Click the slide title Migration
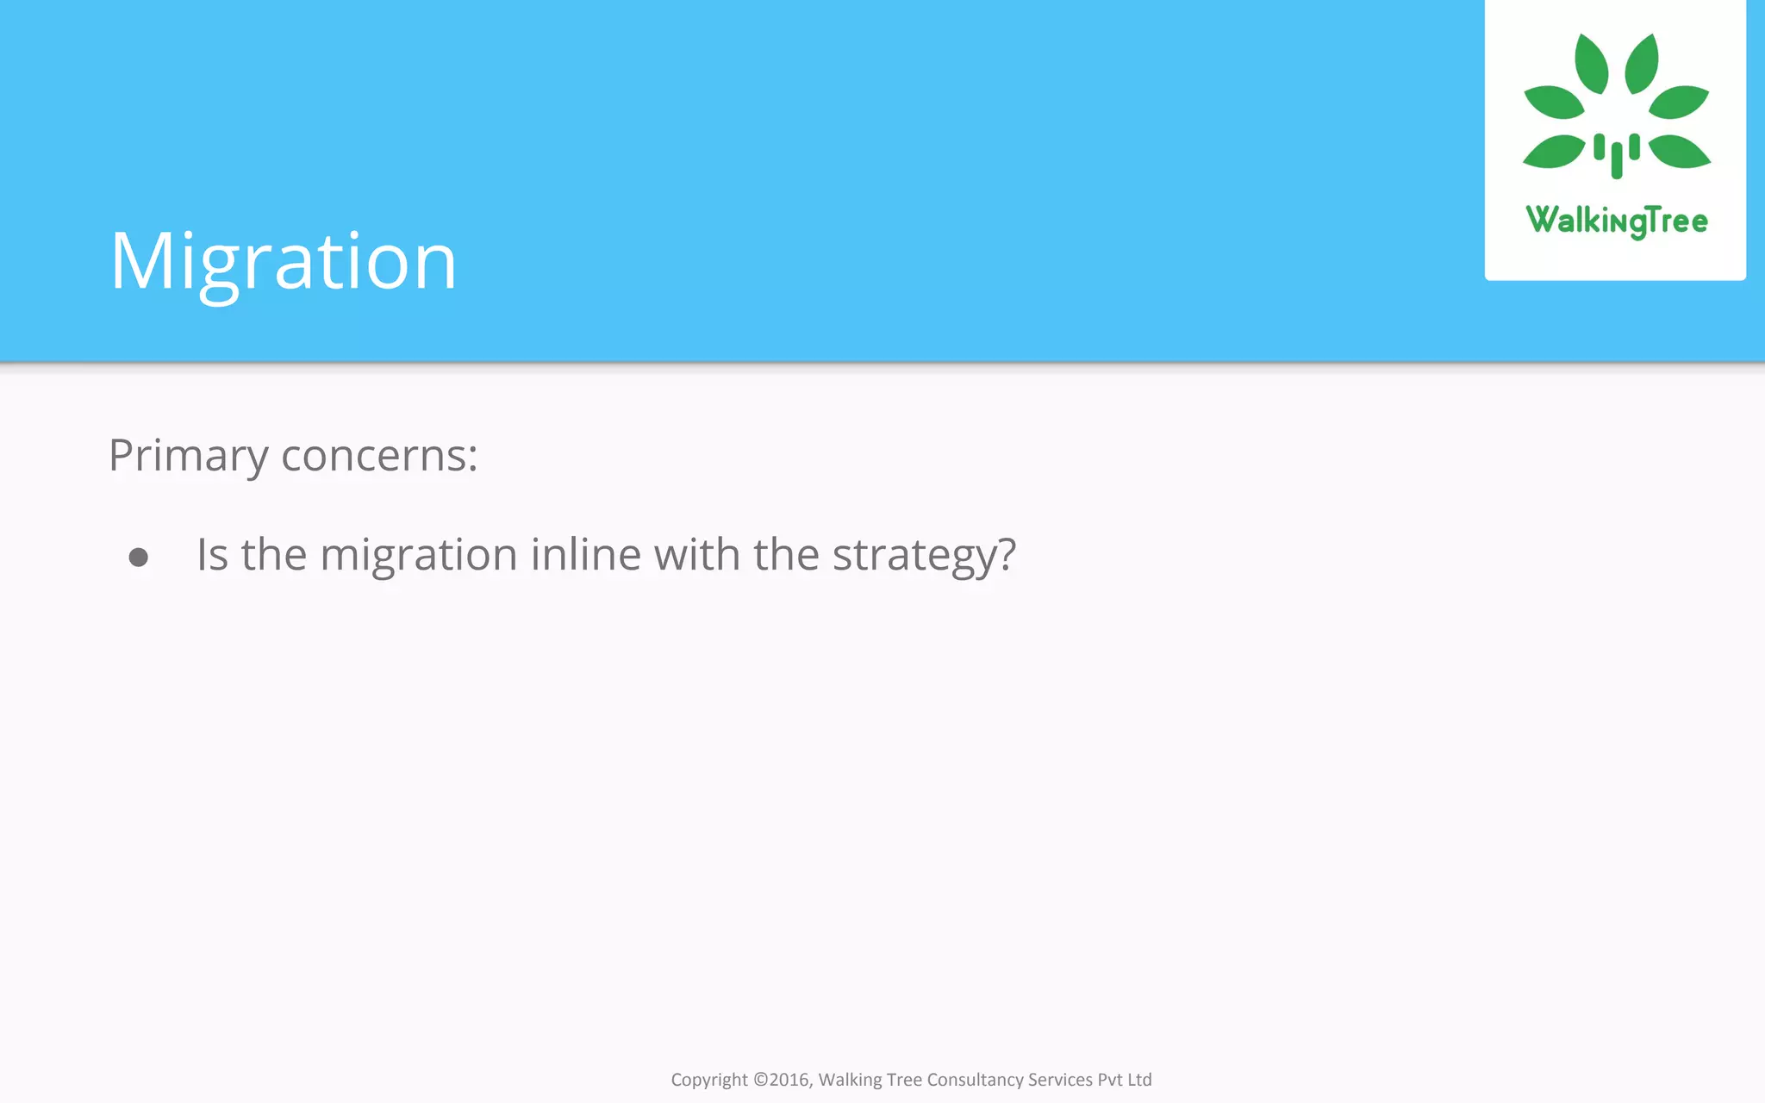283,261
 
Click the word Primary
188,456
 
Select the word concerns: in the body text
379,456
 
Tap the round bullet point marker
138,558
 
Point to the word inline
585,554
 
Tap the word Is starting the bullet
212,554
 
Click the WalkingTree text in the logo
1616,221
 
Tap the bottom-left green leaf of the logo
1554,152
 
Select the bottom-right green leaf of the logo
1679,152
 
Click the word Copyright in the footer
708,1080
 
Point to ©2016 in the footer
783,1080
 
